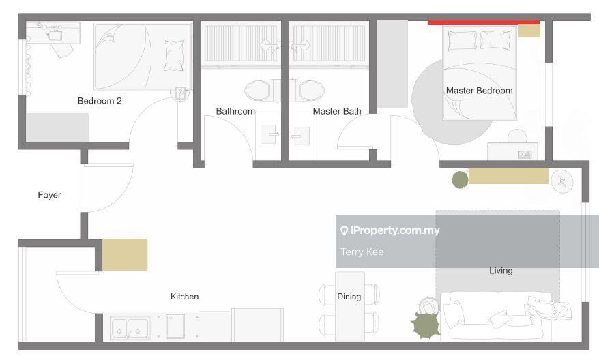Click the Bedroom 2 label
tap(100, 101)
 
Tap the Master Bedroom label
tap(479, 91)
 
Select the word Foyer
tap(49, 195)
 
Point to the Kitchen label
tap(184, 296)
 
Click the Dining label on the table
tap(349, 297)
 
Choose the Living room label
tap(501, 271)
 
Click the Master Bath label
tap(337, 111)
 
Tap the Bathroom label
tap(235, 111)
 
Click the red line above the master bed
tap(484, 22)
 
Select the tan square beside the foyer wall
tap(125, 254)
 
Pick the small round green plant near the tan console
tap(460, 179)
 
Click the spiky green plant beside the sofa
tap(426, 325)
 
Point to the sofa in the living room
tap(496, 316)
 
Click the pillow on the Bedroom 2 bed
tap(174, 56)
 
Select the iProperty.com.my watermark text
tap(390, 230)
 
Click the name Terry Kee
tap(362, 252)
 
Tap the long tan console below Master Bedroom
tap(508, 176)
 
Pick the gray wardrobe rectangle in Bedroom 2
tap(57, 127)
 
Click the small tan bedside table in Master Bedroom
tap(529, 31)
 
